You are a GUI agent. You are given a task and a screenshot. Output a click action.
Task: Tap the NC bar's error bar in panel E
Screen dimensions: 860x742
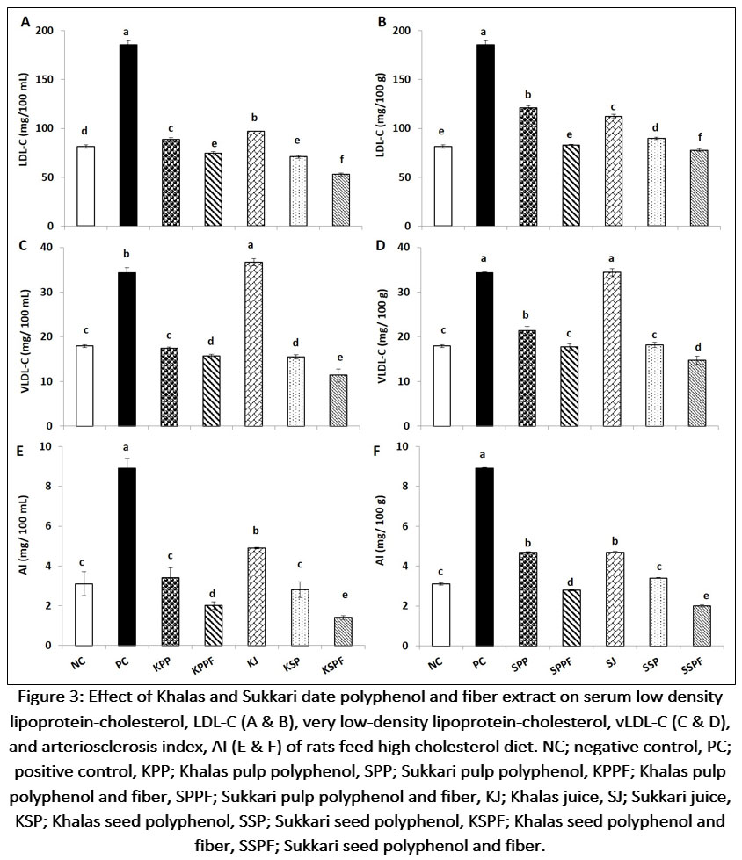pos(85,583)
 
